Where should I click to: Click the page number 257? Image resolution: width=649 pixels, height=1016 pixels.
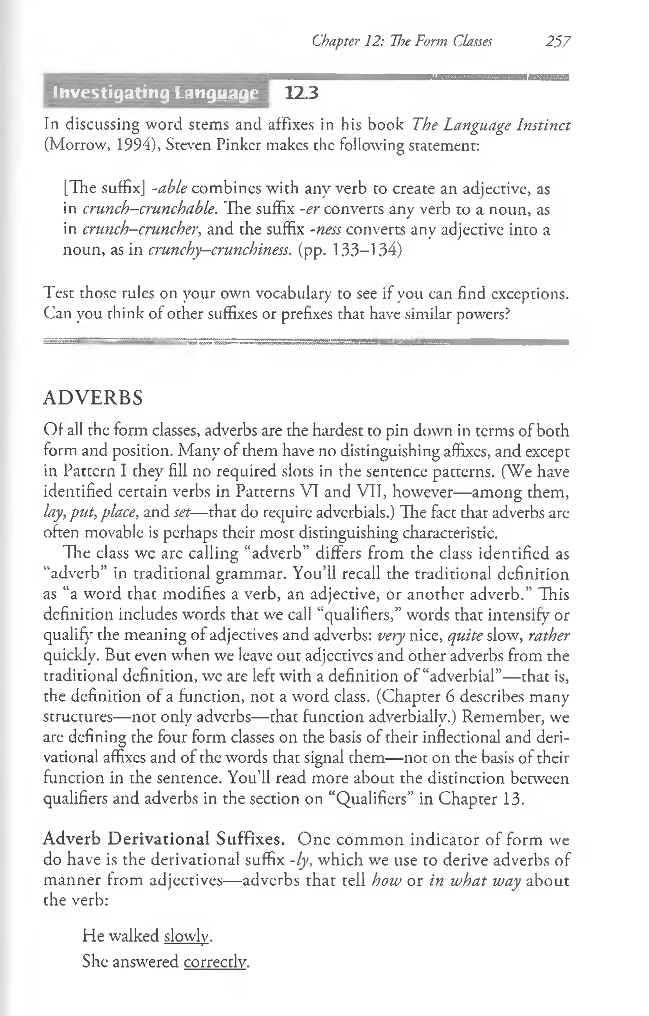coord(558,41)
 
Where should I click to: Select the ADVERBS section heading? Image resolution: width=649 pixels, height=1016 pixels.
coord(93,398)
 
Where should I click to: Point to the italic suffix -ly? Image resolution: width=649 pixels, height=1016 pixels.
coord(301,860)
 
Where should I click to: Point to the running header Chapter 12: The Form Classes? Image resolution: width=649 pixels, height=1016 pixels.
coord(402,41)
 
